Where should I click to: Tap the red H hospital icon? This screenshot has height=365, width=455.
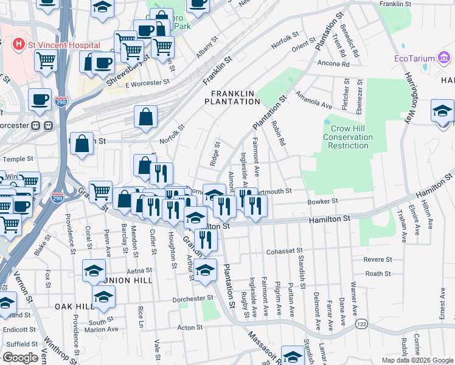click(x=19, y=45)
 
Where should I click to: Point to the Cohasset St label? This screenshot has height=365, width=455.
click(x=285, y=251)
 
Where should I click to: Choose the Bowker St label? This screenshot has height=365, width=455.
click(x=322, y=201)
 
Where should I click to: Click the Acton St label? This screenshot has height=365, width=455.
click(x=190, y=327)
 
